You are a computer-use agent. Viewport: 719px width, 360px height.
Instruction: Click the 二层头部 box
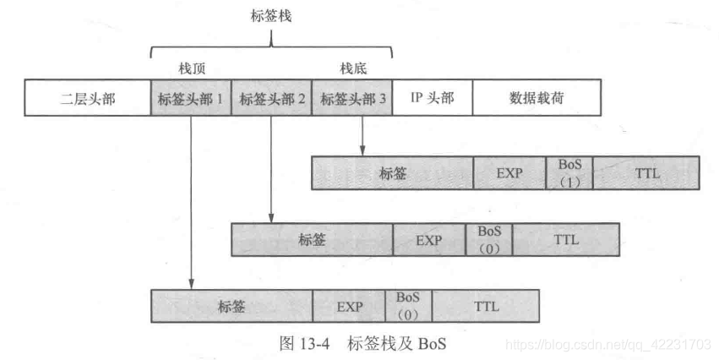88,98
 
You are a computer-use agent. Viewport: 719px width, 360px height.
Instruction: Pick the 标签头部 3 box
353,98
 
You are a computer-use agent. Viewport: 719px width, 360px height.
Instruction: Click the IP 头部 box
433,98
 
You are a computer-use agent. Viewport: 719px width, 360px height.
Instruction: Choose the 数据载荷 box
537,98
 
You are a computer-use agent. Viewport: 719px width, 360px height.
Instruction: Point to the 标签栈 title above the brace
271,14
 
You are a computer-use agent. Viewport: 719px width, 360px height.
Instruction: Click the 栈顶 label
189,68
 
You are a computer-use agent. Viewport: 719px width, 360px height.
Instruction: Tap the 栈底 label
353,68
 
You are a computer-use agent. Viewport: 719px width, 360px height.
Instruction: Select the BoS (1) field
569,173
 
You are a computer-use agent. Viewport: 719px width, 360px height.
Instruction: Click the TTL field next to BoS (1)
645,173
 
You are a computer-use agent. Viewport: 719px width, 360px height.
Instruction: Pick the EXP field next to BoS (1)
509,173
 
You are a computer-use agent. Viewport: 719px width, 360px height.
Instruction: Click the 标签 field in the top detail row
393,173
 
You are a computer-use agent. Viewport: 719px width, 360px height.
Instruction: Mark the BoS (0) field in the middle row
489,239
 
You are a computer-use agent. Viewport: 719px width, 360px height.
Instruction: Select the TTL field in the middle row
565,239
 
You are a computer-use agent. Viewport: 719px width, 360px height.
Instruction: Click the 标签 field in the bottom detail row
231,306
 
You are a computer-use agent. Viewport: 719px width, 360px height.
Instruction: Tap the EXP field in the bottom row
349,306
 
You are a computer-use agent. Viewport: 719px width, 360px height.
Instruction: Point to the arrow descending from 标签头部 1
192,203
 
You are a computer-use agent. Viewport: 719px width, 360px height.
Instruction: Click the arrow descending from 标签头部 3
362,135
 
